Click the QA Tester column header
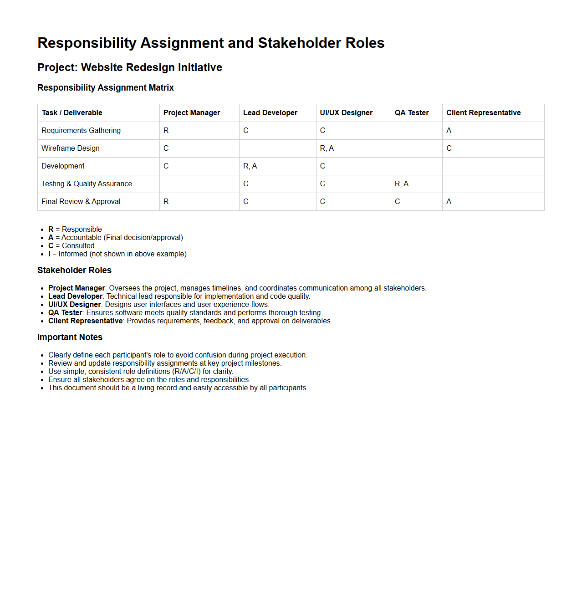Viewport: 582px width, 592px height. pos(412,113)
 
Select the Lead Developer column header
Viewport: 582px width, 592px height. pos(270,113)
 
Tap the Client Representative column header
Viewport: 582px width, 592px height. pos(483,113)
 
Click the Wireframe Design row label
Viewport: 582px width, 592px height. pos(71,148)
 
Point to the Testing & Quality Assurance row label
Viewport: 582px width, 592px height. pos(87,184)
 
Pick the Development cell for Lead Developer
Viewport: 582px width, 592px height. pos(250,166)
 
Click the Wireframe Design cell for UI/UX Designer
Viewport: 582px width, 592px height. pos(327,148)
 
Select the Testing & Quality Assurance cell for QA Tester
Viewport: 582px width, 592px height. pos(402,184)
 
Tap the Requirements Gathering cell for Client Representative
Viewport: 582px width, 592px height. pos(449,131)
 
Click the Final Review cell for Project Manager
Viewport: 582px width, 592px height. pos(166,202)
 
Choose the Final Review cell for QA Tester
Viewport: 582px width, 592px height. pos(398,202)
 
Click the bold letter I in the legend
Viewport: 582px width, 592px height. pos(50,254)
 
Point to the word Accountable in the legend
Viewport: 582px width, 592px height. pos(82,238)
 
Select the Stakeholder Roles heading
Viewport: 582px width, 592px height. pos(74,270)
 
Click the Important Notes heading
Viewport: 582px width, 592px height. pos(70,337)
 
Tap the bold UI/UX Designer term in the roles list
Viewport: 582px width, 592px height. pos(75,305)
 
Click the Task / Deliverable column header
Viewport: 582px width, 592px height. pos(72,113)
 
